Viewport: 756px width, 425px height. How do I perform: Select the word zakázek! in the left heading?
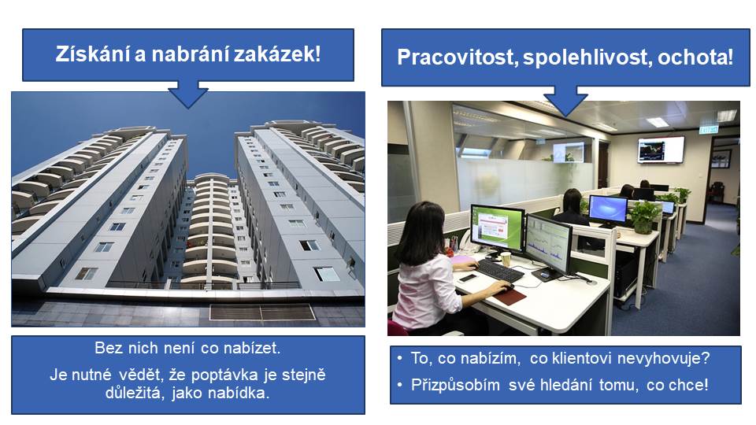point(277,54)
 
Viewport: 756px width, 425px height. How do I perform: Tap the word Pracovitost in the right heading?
point(457,57)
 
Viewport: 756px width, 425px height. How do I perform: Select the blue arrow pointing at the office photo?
point(565,101)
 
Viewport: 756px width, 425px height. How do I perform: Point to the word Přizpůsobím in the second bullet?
point(455,385)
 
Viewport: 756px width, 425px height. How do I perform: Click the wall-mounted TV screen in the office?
point(661,150)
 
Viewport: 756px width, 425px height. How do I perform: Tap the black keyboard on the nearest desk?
point(500,271)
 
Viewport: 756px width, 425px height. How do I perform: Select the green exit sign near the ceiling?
point(708,129)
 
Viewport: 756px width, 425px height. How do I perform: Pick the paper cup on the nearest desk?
point(506,259)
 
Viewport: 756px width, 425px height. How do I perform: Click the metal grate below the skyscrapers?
point(262,312)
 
